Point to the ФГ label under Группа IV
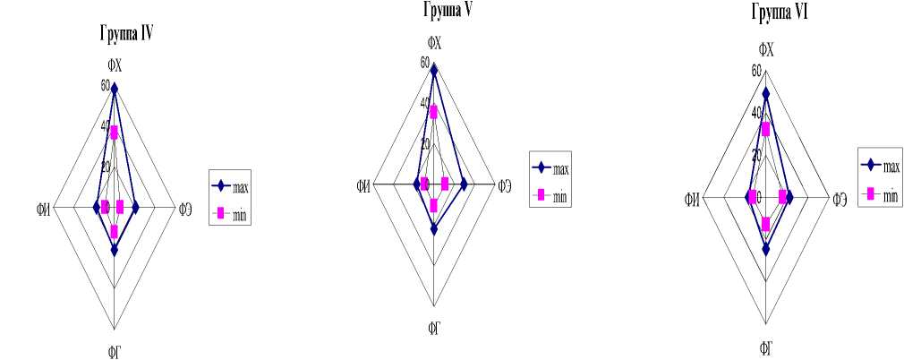tap(114, 351)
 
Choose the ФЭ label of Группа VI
tap(840, 198)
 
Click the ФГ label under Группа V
tap(433, 330)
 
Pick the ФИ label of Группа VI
tap(692, 198)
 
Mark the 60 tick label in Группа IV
tap(105, 86)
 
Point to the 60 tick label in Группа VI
tap(756, 71)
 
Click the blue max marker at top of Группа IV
tap(114, 87)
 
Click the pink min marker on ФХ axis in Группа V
tap(433, 111)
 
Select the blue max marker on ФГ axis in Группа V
tap(433, 228)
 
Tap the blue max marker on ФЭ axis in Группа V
tap(464, 184)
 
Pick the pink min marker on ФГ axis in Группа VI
tap(766, 223)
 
